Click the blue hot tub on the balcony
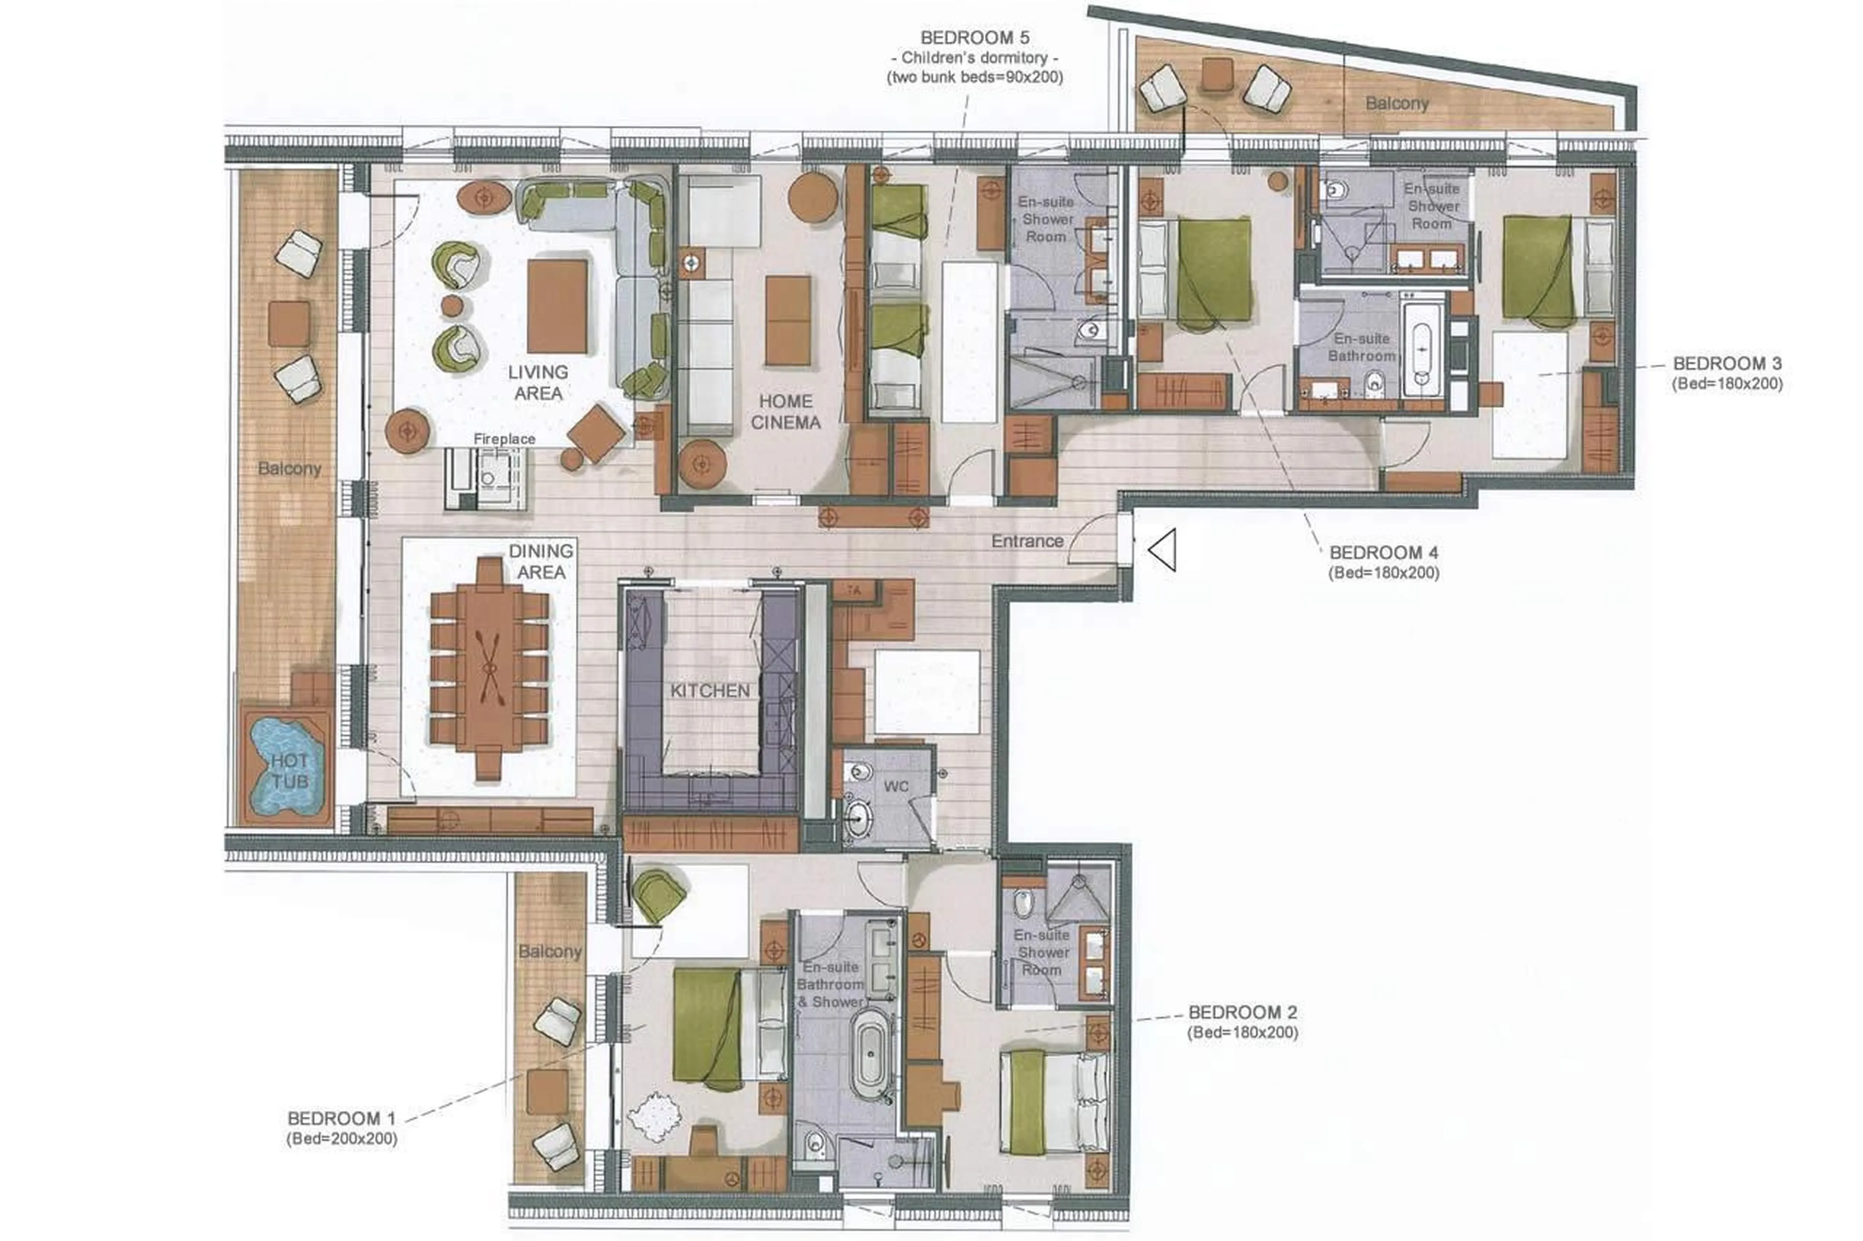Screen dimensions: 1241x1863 coord(287,766)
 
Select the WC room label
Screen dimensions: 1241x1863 coord(896,787)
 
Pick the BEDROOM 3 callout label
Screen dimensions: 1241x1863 coord(1727,363)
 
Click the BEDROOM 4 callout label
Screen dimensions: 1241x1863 coord(1383,552)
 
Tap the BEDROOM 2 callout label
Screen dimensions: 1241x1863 coord(1242,1012)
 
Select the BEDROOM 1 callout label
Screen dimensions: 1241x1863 coord(341,1118)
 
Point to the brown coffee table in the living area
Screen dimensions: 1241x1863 coord(557,306)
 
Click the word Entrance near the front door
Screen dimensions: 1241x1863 coord(1027,541)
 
